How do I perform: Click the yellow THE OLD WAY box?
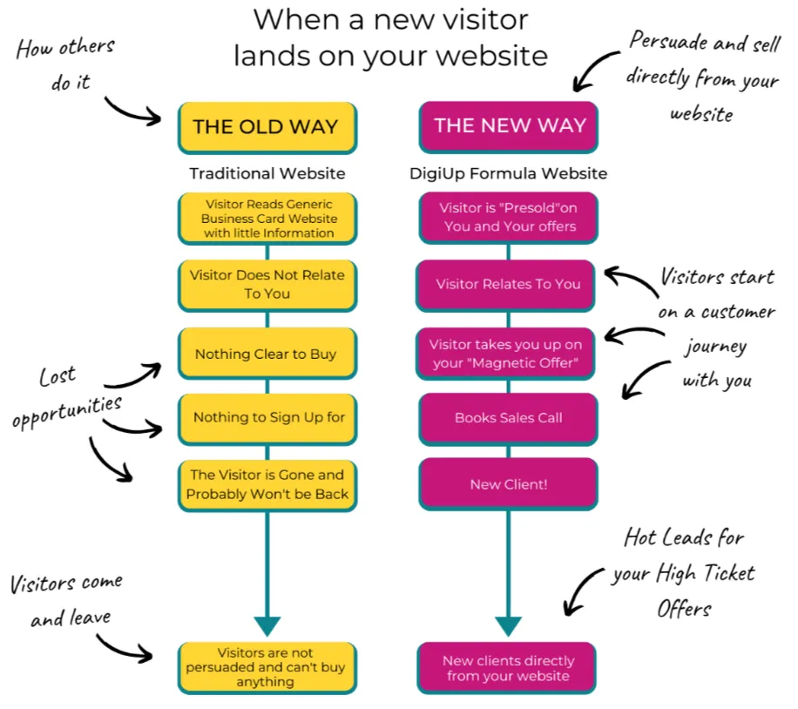click(x=267, y=127)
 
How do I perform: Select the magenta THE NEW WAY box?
click(x=509, y=126)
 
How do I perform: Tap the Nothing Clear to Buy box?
click(x=267, y=354)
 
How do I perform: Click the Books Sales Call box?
click(x=509, y=418)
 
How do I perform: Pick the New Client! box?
click(x=509, y=484)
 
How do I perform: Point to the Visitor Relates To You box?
click(x=508, y=284)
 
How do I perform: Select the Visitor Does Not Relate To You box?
click(x=267, y=284)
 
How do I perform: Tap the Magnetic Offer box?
click(x=508, y=353)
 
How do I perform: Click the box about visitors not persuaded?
click(x=267, y=667)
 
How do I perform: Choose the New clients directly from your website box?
click(x=508, y=668)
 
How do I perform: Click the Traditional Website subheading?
click(x=267, y=173)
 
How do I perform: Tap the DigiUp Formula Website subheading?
click(x=509, y=173)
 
